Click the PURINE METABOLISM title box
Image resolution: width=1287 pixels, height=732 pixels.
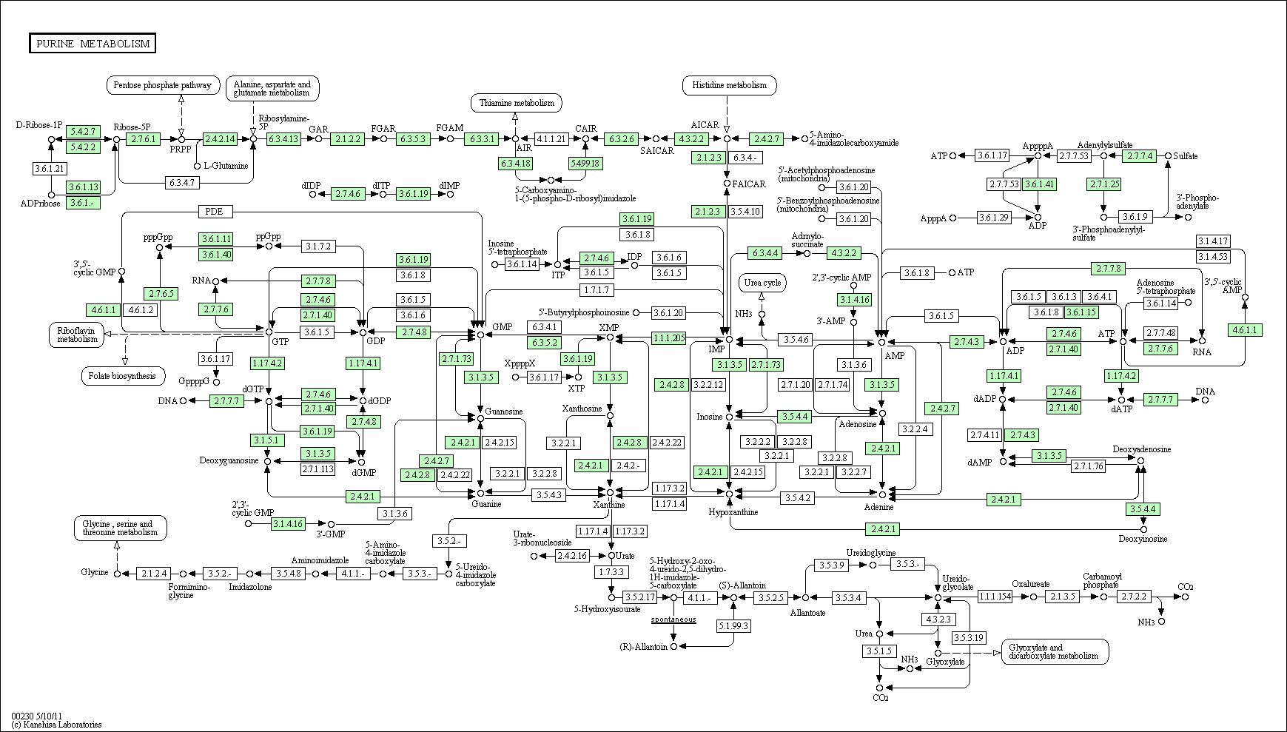coord(93,44)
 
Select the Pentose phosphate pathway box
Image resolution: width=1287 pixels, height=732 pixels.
coord(164,85)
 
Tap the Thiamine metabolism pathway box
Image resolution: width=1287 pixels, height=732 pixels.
coord(516,103)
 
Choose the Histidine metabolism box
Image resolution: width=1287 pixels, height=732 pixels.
coord(729,85)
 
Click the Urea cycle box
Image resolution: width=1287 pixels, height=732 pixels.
coord(762,283)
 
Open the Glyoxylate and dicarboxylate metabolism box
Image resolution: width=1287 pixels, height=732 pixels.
coord(1055,651)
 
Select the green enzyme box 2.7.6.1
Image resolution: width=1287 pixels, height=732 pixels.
coord(144,138)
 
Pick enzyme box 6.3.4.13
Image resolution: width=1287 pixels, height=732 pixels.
coord(283,138)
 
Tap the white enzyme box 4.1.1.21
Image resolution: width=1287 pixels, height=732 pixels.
coord(551,138)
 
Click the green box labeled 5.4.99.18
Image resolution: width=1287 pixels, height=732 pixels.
coord(585,163)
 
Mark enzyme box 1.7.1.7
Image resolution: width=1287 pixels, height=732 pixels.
coord(597,290)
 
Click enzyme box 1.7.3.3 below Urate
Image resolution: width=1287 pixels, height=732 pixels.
coord(611,572)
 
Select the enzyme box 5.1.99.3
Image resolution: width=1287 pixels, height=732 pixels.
coord(733,626)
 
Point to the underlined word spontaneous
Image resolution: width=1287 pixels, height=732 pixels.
coord(673,619)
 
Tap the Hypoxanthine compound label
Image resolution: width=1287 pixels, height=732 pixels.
coord(733,512)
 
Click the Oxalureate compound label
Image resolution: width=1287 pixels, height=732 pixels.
coord(1031,584)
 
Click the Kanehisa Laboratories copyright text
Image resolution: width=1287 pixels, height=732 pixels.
coord(57,725)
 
